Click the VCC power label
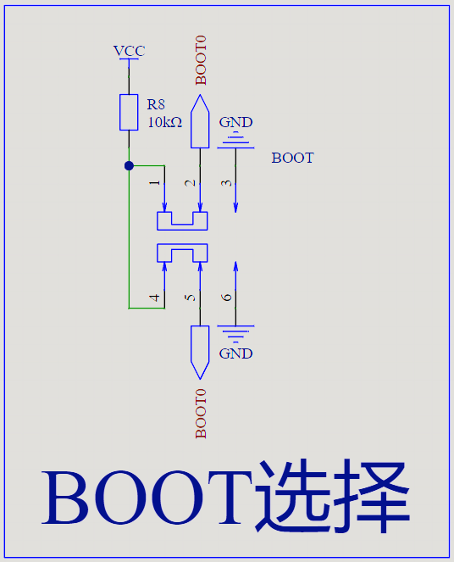129,51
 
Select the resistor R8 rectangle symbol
129,112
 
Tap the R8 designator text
156,104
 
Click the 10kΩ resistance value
164,123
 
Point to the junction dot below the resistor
129,166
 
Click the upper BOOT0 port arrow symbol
200,121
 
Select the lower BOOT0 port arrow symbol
200,353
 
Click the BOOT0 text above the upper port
201,60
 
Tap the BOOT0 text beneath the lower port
201,414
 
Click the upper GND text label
235,123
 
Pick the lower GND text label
235,353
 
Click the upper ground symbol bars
235,140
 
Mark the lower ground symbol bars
235,334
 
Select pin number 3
226,183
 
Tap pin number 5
190,298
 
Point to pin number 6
226,298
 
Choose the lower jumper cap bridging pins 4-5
182,247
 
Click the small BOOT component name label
292,158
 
